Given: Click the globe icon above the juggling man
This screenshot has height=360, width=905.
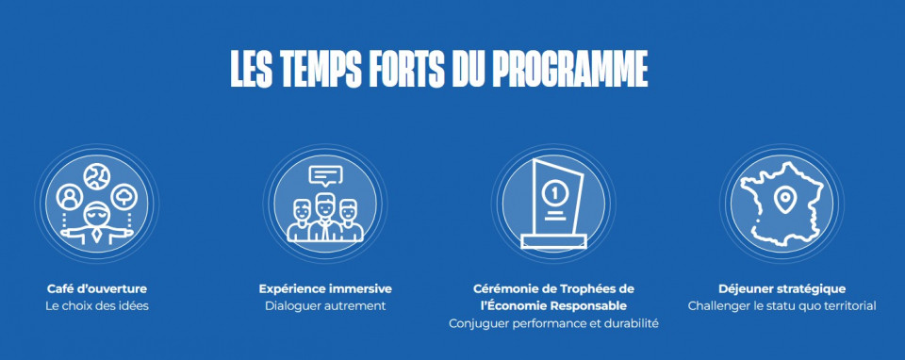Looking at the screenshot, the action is (96, 176).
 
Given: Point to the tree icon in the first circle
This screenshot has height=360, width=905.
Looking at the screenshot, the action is (123, 197).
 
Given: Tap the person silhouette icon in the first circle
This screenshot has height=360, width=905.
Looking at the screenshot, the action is (70, 197).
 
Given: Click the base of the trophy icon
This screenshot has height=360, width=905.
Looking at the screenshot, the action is (553, 241).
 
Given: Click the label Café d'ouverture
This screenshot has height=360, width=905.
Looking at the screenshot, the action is (97, 288).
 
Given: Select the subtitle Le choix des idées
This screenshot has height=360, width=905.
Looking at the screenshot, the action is (97, 305).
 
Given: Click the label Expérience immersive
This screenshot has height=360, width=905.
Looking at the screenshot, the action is (325, 288).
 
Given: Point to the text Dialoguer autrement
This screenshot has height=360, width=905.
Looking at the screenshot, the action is (325, 305).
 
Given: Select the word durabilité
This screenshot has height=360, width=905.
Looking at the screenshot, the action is (632, 323).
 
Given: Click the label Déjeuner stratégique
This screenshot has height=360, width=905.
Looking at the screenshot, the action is (782, 288).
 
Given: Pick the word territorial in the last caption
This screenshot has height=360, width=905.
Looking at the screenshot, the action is (850, 305).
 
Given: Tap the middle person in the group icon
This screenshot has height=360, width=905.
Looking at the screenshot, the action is (325, 218).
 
